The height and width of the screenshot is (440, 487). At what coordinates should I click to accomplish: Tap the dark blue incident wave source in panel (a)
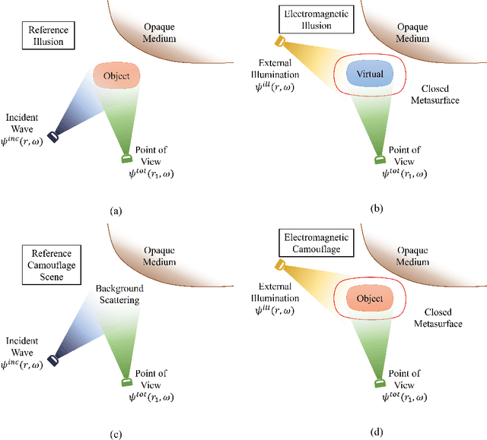(x=54, y=137)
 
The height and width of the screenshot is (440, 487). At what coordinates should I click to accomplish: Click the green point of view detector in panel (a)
(x=126, y=159)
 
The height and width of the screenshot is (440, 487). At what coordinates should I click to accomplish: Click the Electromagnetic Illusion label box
(x=305, y=17)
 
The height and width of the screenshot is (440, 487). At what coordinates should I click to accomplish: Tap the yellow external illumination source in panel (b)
(x=280, y=41)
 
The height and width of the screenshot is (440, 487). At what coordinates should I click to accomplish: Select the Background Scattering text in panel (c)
(x=119, y=295)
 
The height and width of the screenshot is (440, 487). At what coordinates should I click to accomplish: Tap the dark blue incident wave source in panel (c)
(x=53, y=359)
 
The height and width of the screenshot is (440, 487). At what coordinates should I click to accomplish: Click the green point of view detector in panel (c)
(x=126, y=381)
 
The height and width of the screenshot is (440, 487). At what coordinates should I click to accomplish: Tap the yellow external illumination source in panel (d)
(x=280, y=264)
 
